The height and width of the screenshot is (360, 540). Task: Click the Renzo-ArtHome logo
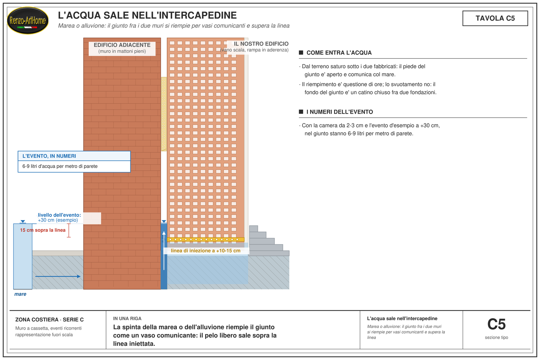point(28,21)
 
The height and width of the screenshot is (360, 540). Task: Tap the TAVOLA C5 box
point(495,18)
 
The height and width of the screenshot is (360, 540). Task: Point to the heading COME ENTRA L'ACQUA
point(339,53)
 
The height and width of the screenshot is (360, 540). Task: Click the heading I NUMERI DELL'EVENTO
point(340,112)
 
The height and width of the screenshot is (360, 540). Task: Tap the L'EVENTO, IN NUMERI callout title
point(49,156)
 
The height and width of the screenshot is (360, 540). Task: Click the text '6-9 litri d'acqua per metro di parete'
point(60,166)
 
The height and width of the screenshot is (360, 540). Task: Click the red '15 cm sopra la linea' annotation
point(43,230)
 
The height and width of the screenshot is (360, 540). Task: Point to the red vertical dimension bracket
point(69,230)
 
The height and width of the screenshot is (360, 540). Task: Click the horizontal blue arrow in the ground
point(58,276)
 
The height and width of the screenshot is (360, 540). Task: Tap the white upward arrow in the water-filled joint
point(164,251)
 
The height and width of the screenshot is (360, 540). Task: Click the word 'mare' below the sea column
point(20,294)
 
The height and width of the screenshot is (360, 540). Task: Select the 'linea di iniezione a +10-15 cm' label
point(206,251)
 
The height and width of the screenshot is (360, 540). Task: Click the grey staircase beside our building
point(269,241)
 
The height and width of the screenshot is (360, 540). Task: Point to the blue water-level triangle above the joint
point(164,221)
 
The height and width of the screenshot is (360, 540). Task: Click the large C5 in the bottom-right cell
point(496,324)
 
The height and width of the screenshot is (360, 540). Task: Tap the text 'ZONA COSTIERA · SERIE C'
point(49,320)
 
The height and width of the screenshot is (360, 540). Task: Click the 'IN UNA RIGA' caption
point(127,319)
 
